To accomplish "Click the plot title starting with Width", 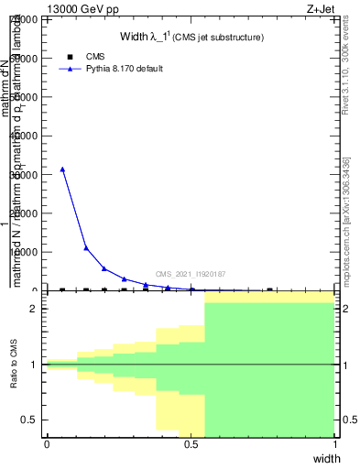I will tap(192, 37).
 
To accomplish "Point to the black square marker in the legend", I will tap(71, 57).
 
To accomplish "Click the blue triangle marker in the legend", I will tap(71, 69).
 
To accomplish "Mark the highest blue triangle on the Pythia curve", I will tap(62, 169).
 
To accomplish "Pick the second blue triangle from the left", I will tap(86, 248).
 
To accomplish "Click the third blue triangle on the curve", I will tap(104, 268).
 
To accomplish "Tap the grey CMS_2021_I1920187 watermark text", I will tap(191, 274).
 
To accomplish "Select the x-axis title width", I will tap(326, 458).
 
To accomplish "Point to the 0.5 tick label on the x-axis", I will tap(191, 444).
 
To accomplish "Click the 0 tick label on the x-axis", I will tap(47, 444).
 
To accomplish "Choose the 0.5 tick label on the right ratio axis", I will tap(349, 420).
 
